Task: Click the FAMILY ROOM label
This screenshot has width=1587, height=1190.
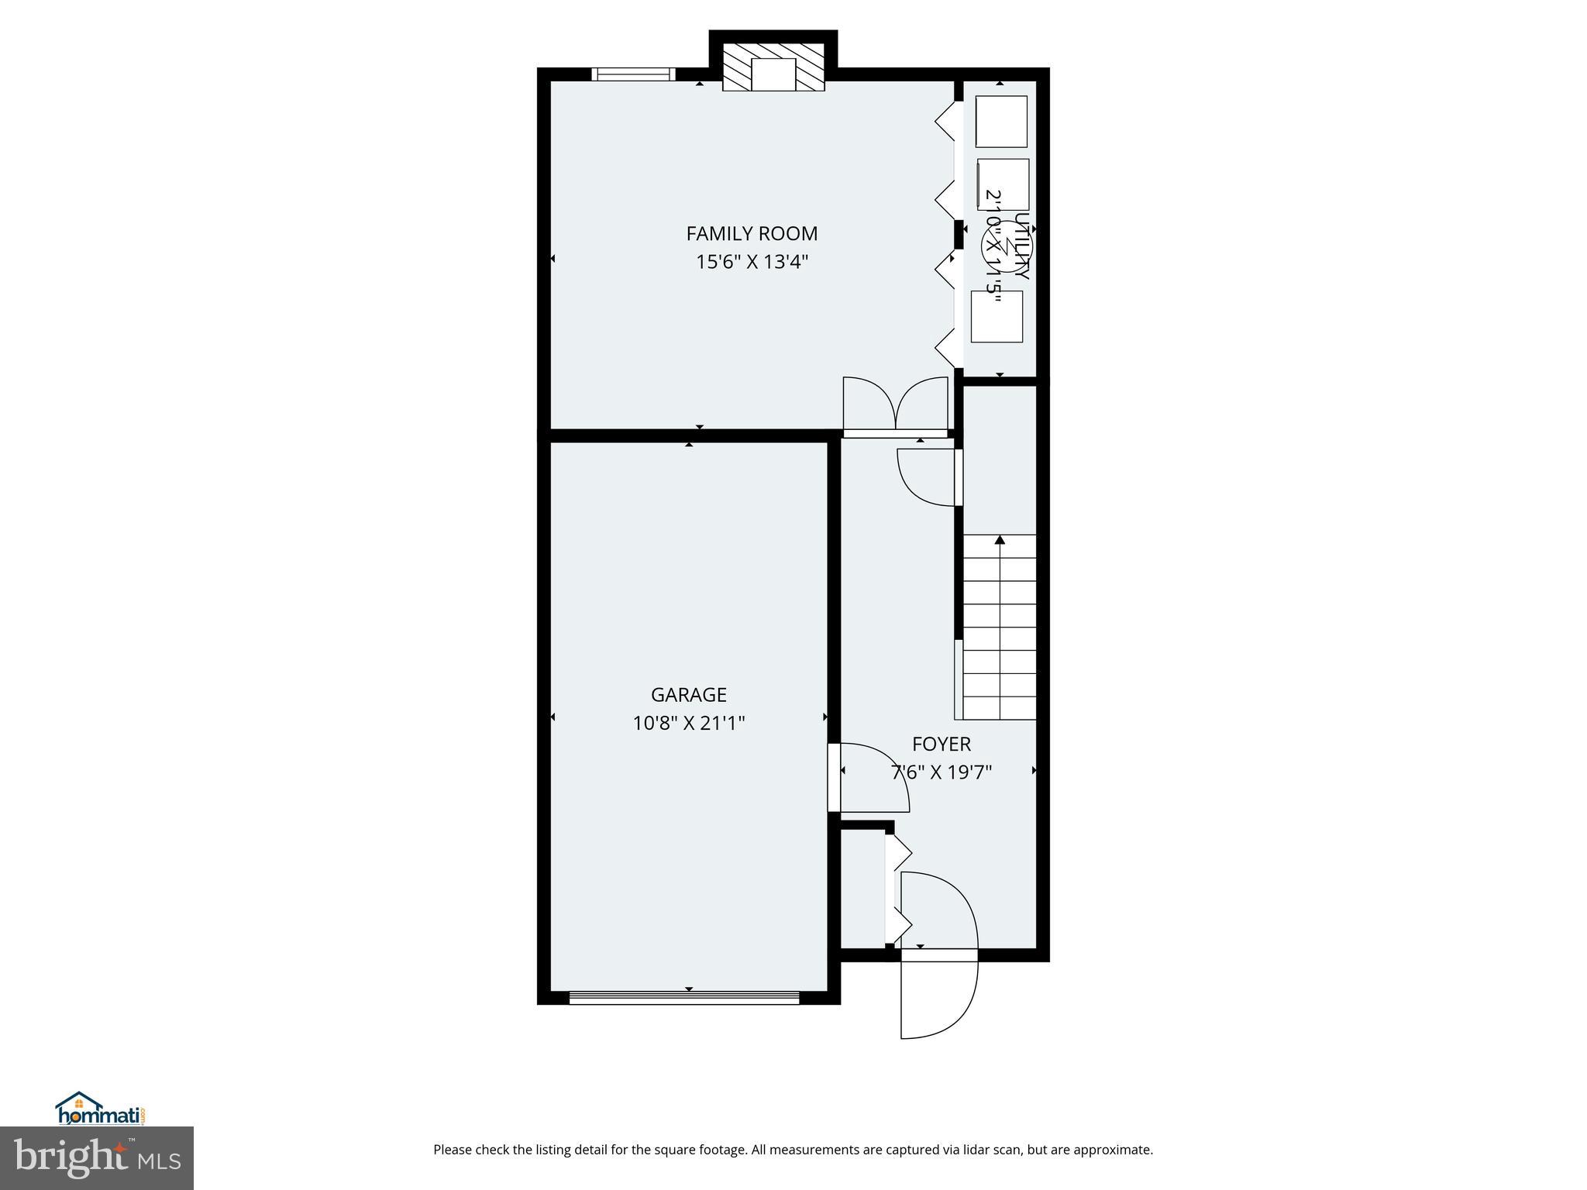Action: tap(752, 233)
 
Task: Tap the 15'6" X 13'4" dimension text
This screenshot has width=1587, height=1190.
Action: tap(752, 262)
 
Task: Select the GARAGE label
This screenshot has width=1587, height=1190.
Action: tap(688, 694)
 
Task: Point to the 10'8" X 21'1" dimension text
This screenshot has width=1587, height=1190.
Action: tap(688, 723)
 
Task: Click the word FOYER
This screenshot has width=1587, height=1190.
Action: tap(941, 744)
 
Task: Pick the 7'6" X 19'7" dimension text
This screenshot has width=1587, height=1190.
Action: tap(941, 772)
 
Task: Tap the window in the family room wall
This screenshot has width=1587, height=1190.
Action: tap(633, 74)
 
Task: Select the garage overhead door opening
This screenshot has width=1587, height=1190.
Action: tap(684, 998)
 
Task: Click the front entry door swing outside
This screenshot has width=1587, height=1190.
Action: tap(938, 999)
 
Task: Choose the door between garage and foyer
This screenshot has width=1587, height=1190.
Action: tap(835, 777)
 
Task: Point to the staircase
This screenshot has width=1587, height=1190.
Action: tap(999, 628)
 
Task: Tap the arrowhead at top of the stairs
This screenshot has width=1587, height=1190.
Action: tap(1000, 539)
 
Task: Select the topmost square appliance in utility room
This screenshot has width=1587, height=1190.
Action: tap(1000, 121)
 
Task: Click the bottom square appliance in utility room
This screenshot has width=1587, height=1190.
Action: tap(997, 316)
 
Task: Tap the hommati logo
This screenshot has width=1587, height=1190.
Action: tap(100, 1109)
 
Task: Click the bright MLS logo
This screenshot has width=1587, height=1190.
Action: tap(97, 1157)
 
